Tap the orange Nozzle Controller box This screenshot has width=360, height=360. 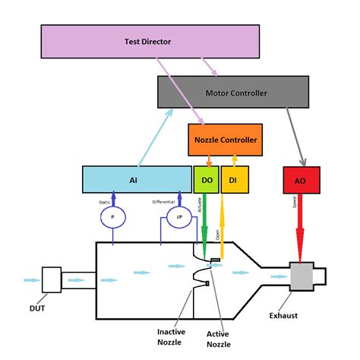click(x=226, y=140)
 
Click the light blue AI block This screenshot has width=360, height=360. click(x=137, y=179)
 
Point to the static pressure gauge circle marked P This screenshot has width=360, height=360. click(x=112, y=216)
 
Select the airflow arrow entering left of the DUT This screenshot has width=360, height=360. click(x=32, y=279)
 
